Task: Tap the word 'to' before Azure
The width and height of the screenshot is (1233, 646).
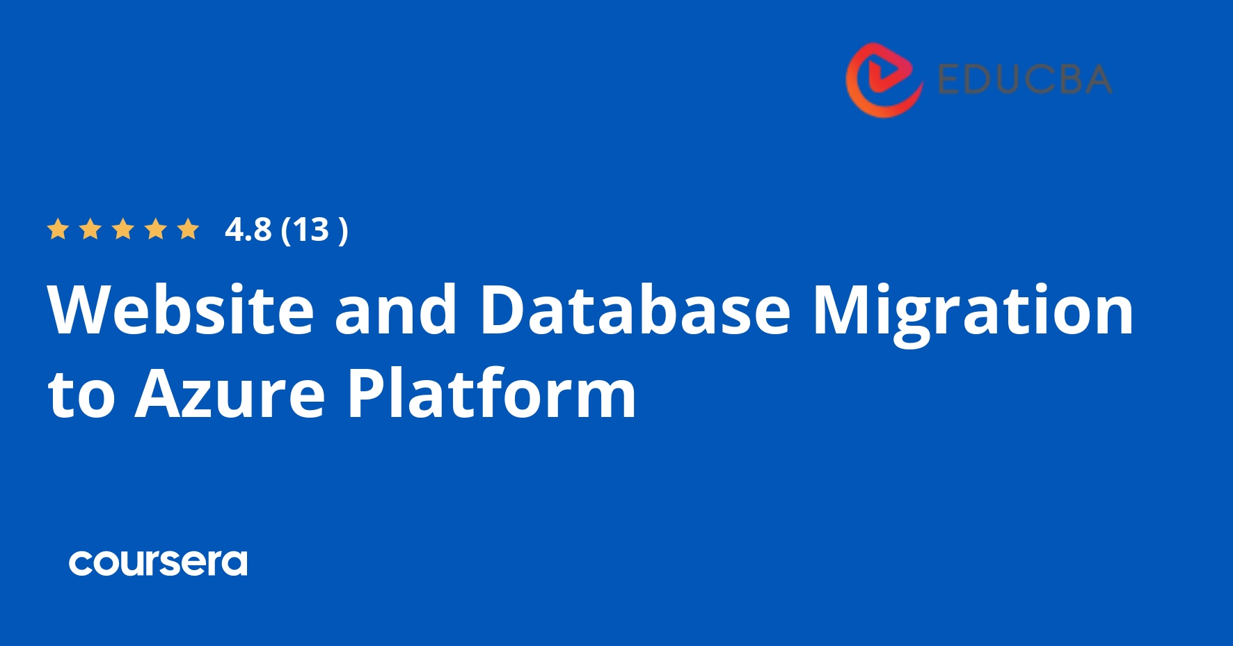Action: click(x=81, y=395)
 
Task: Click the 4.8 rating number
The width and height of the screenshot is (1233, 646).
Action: click(x=248, y=230)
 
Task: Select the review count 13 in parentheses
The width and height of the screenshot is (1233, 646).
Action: click(x=310, y=230)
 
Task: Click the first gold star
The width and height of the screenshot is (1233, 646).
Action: click(x=58, y=229)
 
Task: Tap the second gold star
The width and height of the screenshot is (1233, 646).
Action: click(x=90, y=229)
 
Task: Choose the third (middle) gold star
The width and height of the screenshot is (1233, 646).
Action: click(x=123, y=229)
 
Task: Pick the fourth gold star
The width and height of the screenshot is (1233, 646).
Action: click(x=156, y=229)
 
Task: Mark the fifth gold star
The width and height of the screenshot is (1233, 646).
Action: click(x=188, y=229)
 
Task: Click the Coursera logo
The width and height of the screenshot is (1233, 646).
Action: click(x=158, y=562)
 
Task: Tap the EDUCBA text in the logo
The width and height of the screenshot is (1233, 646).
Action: click(x=1024, y=79)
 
